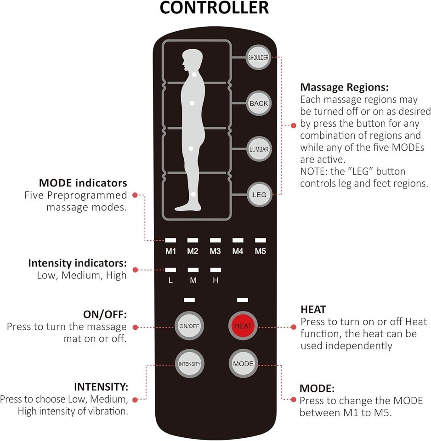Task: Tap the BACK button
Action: [258, 103]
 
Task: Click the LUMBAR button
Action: [258, 149]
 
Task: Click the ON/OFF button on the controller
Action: [189, 326]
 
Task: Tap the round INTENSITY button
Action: [189, 363]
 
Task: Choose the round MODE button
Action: [243, 363]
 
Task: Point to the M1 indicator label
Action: [171, 251]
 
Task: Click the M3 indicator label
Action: [215, 251]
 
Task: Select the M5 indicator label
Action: [261, 251]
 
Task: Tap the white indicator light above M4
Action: [238, 240]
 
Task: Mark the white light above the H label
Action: [215, 270]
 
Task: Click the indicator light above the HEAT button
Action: [243, 300]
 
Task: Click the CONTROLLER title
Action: [214, 8]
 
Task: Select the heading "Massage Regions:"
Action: [338, 87]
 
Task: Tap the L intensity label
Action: [170, 280]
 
